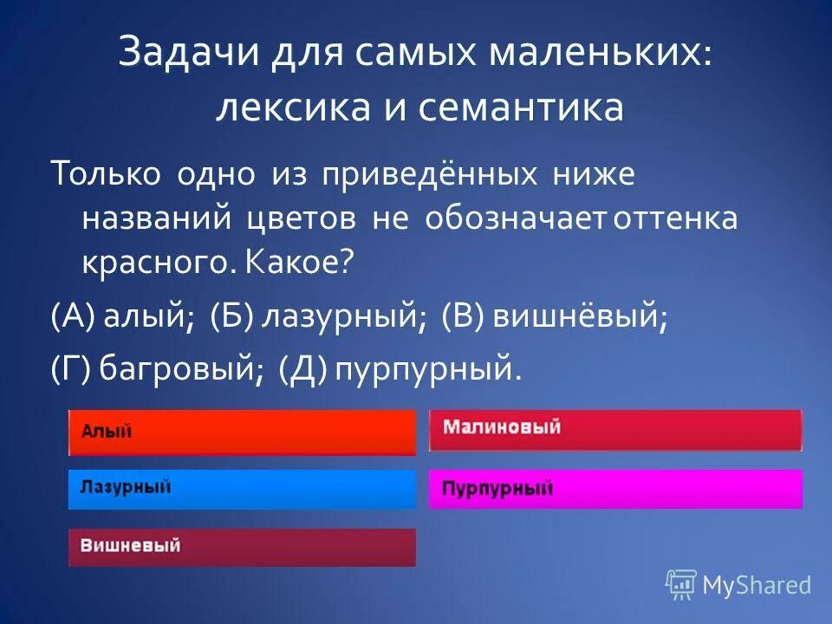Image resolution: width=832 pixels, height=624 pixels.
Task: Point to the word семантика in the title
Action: coord(520,108)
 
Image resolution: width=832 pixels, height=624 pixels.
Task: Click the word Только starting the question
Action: coord(105,173)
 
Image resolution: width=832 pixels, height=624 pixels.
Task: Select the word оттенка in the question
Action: coord(675,218)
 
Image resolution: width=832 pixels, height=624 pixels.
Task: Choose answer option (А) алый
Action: coord(121,318)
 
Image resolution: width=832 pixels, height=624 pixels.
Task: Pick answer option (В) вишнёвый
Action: coord(555,318)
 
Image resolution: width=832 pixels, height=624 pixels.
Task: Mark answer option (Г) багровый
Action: coord(156,371)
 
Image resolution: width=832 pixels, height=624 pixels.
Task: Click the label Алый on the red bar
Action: coord(107,432)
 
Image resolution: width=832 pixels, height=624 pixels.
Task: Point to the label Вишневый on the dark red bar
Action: coord(131,546)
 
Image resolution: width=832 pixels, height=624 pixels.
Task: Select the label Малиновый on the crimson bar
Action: coord(502,427)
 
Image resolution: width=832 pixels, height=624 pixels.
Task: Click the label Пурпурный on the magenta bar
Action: coord(497,488)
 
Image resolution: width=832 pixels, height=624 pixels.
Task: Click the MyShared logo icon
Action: coord(681,584)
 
